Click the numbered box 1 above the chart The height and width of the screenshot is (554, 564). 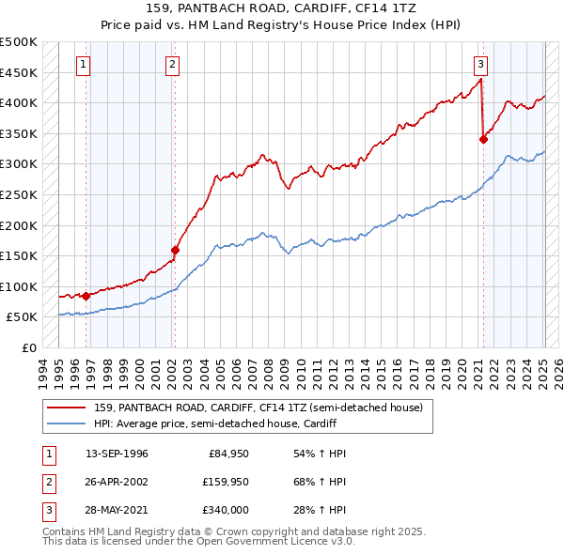pos(84,65)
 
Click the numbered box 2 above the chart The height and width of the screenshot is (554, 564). pos(174,65)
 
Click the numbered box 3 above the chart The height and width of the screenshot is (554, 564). pos(480,65)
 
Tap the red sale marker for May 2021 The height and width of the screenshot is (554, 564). pos(483,139)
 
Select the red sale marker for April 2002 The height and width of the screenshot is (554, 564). pos(175,250)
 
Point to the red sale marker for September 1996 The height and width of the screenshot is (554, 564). pos(86,296)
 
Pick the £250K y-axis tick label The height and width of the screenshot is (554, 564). pos(19,195)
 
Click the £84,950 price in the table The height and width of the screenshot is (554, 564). pos(227,454)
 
